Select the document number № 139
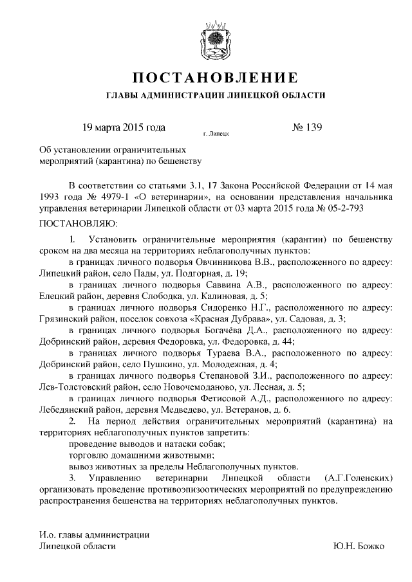tap(306, 127)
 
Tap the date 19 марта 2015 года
tap(119, 127)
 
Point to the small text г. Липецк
tap(215, 134)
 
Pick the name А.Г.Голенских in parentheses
tap(359, 480)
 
